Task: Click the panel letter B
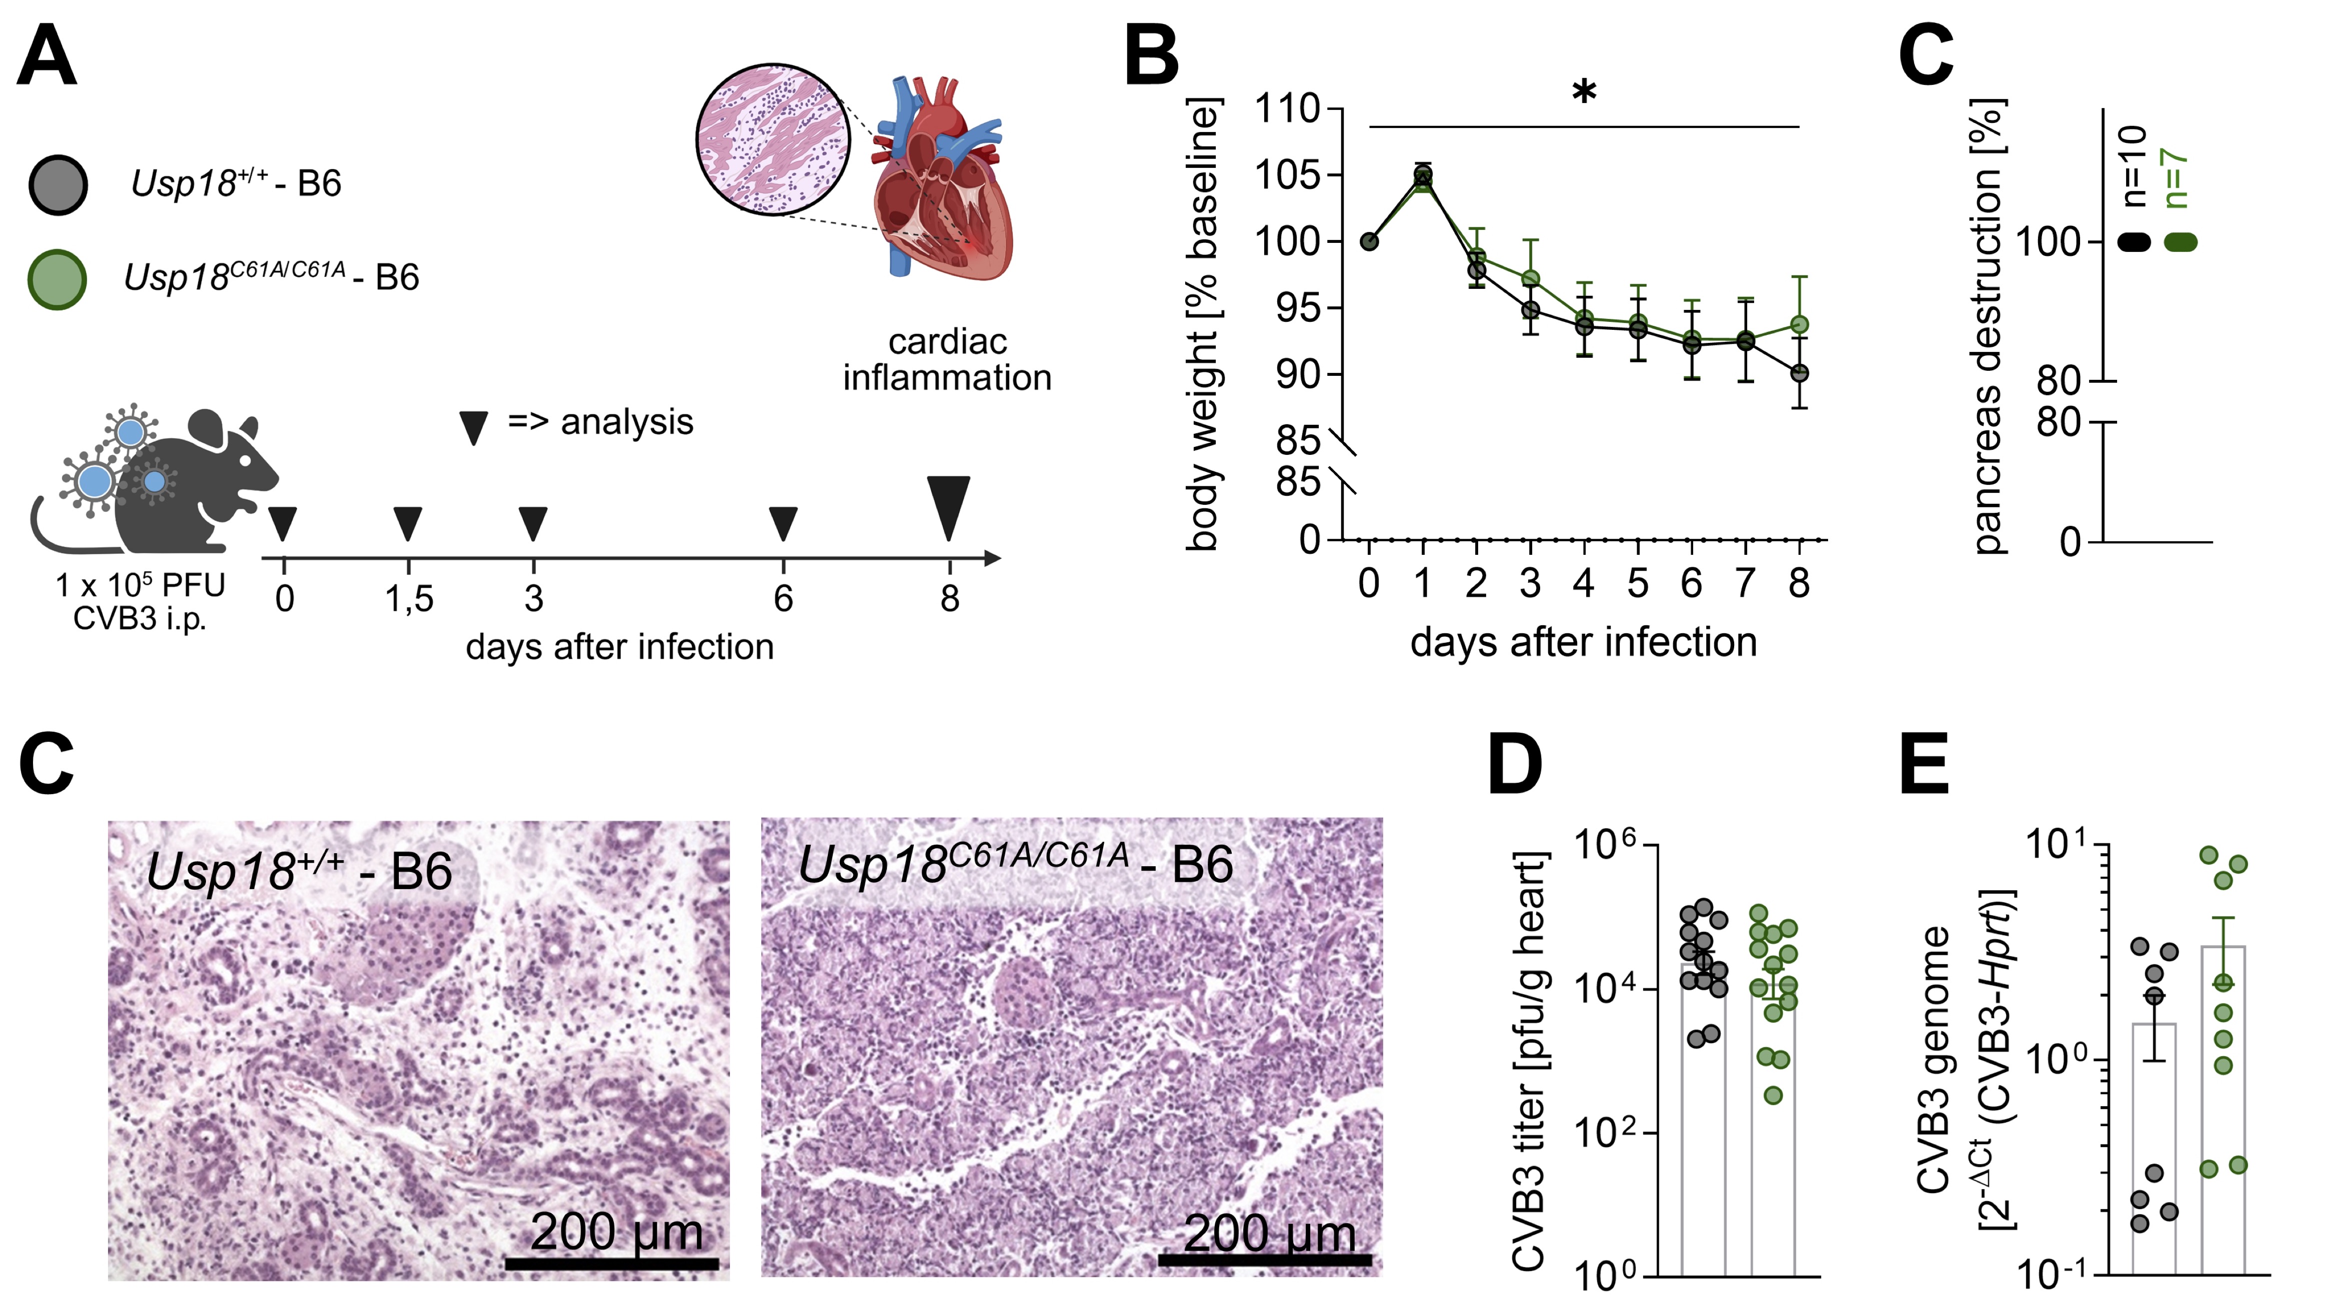[1151, 56]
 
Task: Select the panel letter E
[1923, 764]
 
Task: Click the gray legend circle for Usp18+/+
[58, 185]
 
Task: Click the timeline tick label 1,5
[408, 599]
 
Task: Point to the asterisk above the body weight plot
[1584, 91]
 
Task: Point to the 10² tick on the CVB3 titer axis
[1604, 1134]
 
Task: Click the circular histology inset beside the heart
[773, 140]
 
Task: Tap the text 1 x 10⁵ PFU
[140, 585]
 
